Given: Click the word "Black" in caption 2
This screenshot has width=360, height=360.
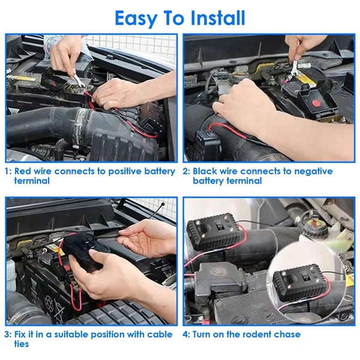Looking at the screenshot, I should coord(206,172).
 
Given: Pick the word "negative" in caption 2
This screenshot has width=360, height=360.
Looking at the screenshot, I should coord(310,172).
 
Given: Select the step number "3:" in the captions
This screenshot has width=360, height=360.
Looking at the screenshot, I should coord(8,335).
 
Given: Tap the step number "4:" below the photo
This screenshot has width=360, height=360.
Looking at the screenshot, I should coord(187,335).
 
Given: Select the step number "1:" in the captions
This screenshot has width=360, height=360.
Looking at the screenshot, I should coord(8,172).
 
